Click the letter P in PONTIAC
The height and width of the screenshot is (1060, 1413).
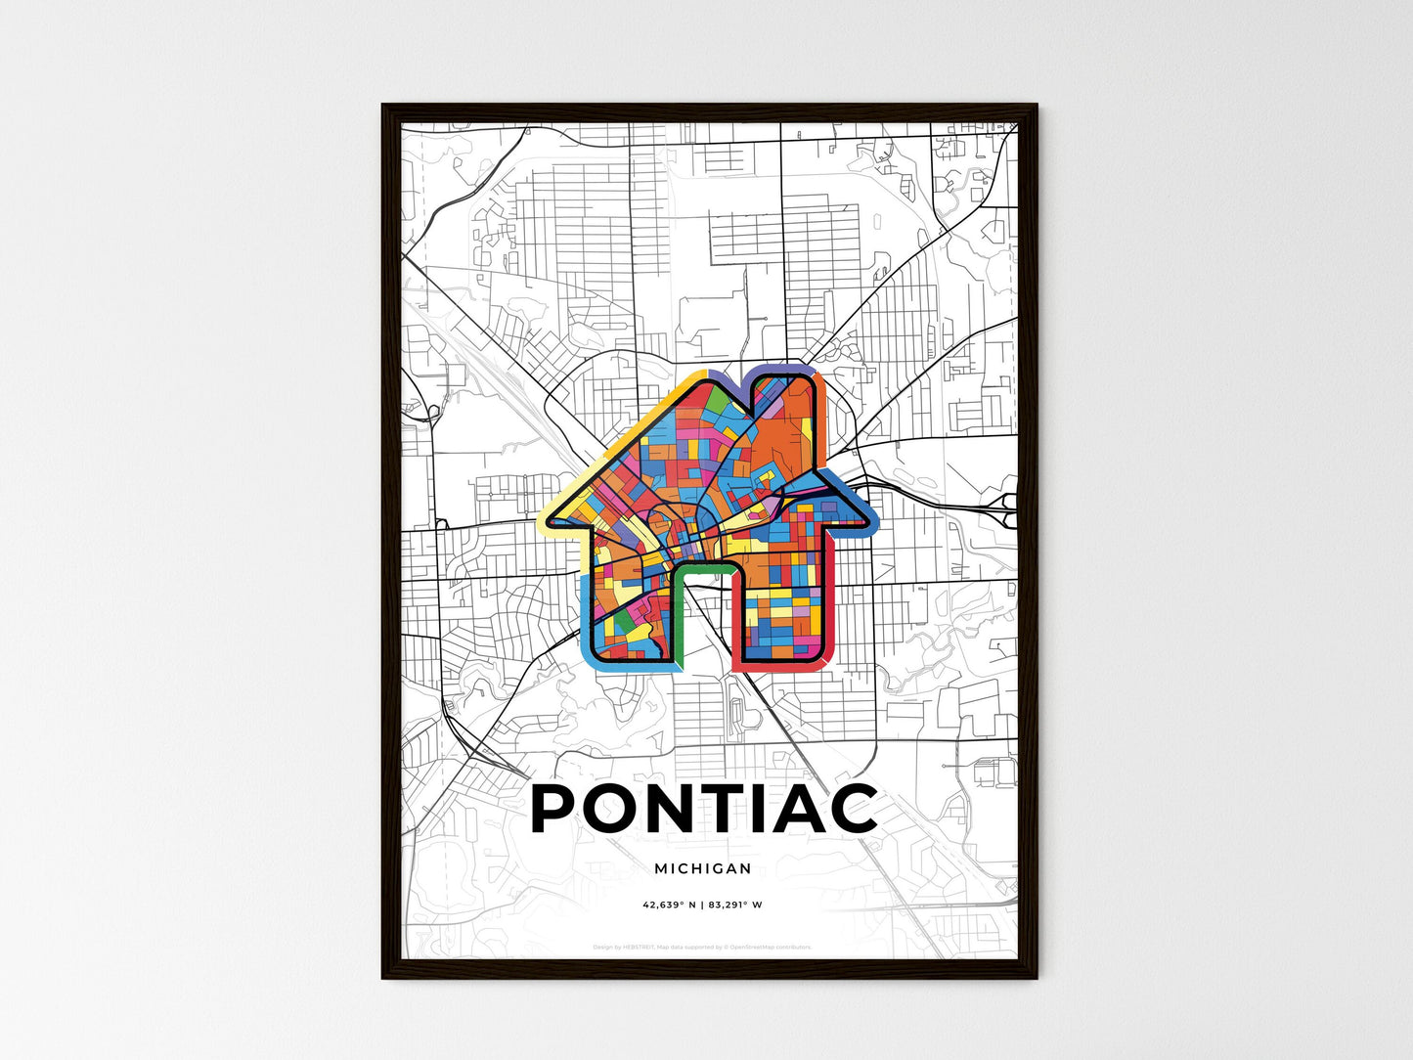pyautogui.click(x=562, y=809)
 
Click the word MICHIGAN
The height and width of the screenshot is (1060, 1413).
pyautogui.click(x=703, y=868)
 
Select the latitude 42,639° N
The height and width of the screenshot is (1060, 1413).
pyautogui.click(x=670, y=905)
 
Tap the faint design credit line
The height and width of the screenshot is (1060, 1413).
pyautogui.click(x=703, y=947)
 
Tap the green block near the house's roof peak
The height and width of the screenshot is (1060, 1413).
pyautogui.click(x=716, y=402)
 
